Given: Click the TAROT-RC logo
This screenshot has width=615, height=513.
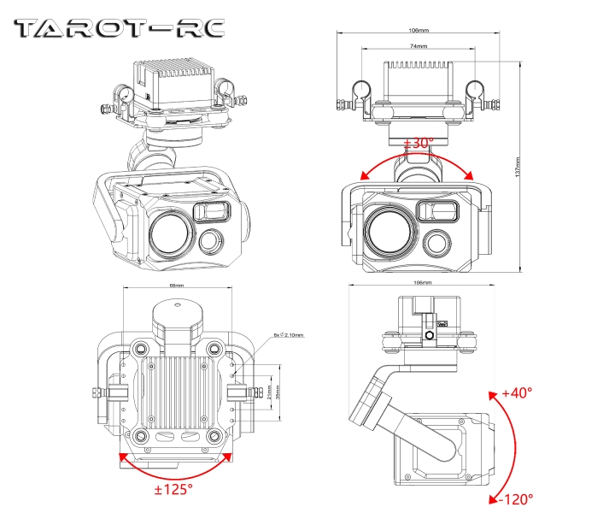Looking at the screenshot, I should [120, 28].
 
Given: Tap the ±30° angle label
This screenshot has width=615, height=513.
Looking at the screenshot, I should [419, 143].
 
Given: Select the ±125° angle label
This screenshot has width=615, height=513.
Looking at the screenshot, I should [173, 488].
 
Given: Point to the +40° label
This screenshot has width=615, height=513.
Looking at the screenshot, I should [517, 392].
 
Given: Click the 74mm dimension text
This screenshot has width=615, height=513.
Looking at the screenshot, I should [419, 45].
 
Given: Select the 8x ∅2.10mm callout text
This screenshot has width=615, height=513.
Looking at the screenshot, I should [289, 335].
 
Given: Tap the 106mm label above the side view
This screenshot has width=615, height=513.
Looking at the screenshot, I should [422, 282].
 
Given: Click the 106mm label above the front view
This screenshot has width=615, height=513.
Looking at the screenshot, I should [419, 31].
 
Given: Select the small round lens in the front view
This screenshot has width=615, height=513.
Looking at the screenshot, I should [440, 242].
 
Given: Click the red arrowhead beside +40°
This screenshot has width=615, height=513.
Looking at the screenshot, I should [493, 394].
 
